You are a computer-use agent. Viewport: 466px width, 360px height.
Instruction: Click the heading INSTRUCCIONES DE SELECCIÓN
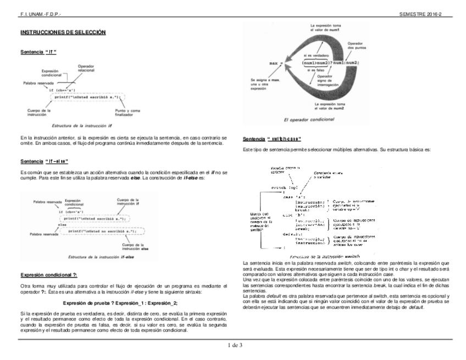(x=63, y=33)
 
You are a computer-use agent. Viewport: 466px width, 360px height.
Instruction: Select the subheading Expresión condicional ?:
(x=48, y=274)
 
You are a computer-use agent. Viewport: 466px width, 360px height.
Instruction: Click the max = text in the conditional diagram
(x=275, y=63)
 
